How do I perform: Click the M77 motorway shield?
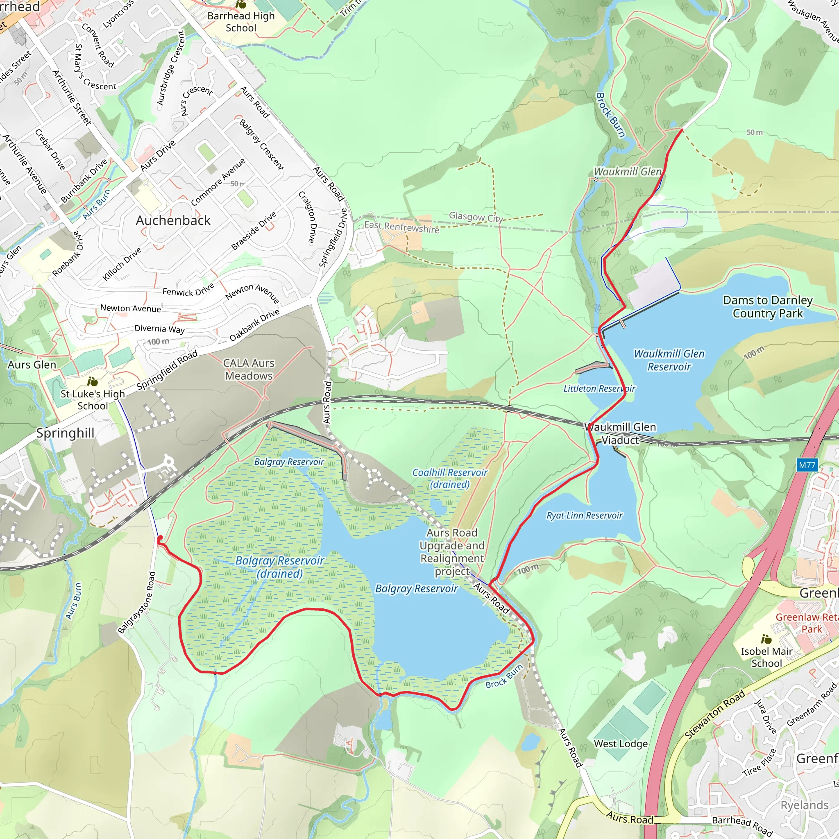(807, 465)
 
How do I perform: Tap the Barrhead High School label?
(241, 22)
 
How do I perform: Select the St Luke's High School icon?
(93, 382)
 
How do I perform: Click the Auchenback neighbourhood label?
(173, 221)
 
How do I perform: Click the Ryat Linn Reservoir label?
(584, 515)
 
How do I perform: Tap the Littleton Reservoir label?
(599, 389)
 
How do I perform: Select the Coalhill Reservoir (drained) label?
(449, 478)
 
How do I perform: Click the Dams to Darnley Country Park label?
(767, 306)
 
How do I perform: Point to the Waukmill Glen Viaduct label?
(620, 433)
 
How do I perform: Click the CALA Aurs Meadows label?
(248, 369)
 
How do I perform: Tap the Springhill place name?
(65, 433)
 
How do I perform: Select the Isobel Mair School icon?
(766, 639)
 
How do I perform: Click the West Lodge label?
(621, 744)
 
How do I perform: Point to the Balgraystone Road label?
(137, 602)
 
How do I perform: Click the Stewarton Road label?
(715, 714)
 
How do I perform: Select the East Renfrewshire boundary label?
(402, 227)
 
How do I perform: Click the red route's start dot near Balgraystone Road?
(160, 538)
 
